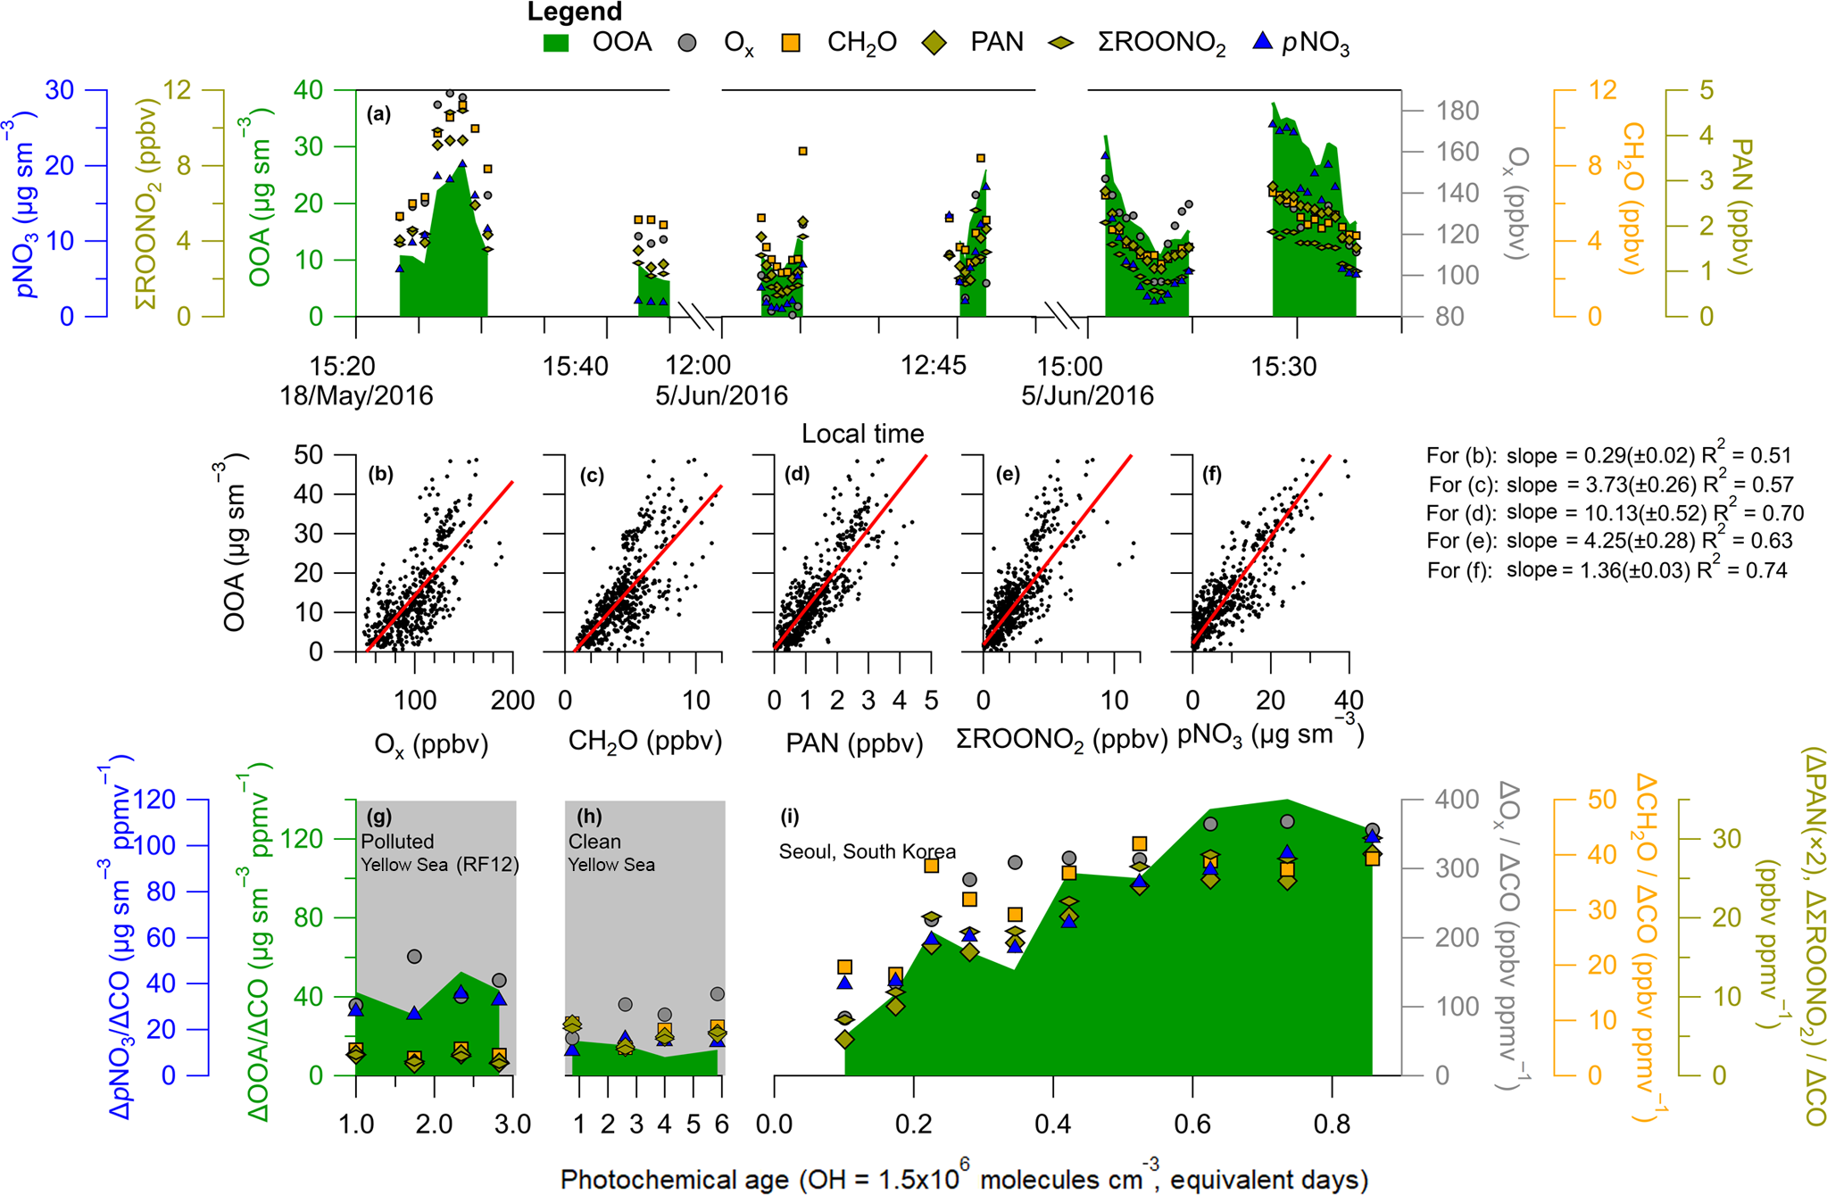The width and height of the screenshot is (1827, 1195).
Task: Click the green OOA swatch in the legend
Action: pos(556,42)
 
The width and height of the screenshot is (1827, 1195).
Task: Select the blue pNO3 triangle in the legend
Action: pos(1262,41)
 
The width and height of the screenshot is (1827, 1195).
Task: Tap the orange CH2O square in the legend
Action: pos(790,42)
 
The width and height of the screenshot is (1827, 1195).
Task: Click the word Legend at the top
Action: pos(574,12)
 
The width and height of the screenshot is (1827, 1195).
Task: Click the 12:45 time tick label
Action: pos(933,365)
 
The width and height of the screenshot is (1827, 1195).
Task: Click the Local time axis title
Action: pos(862,434)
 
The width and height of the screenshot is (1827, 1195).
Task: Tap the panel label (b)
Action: pos(380,474)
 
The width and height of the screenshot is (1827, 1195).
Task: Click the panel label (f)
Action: pos(1211,474)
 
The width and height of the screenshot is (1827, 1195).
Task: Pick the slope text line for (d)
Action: pos(1615,513)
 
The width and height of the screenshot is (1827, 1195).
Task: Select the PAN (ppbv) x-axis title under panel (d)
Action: pos(854,743)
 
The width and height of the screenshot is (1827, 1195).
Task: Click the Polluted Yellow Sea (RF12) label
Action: pos(439,852)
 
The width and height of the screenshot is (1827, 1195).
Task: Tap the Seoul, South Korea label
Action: pos(867,851)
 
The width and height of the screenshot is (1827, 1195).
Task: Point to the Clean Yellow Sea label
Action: pos(611,852)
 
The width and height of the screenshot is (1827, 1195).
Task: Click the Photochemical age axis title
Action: pos(964,1179)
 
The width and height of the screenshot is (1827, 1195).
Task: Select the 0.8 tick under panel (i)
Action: pos(1332,1124)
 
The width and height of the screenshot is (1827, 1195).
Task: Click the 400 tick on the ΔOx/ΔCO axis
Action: pos(1457,800)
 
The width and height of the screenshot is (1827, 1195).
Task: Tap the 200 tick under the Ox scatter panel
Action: pos(512,701)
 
